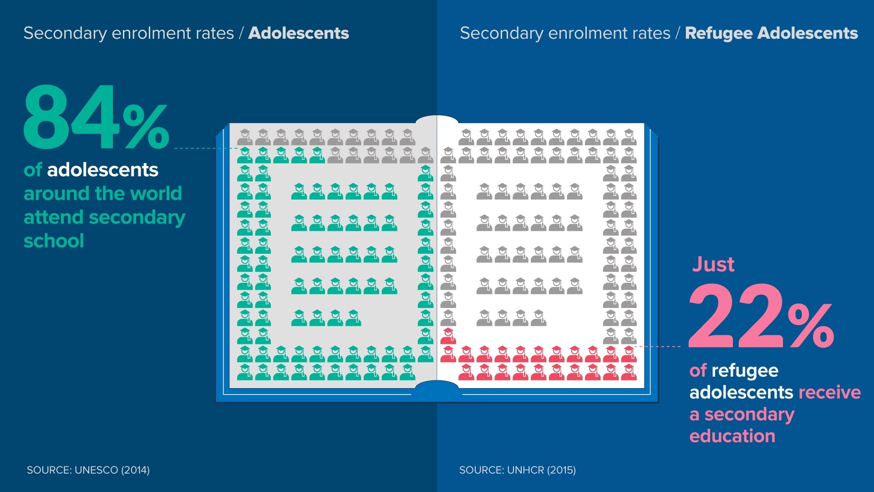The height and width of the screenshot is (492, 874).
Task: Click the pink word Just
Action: [713, 265]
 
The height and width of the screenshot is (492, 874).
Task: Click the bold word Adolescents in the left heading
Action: [299, 33]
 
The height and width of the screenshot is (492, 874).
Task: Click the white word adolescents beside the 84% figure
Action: [102, 170]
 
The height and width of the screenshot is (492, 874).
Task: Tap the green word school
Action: [54, 241]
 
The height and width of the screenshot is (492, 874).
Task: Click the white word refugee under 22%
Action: [745, 371]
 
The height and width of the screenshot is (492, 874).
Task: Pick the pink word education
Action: [732, 436]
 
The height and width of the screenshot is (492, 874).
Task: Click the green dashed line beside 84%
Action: [205, 148]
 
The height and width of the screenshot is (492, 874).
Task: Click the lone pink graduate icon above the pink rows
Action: [448, 336]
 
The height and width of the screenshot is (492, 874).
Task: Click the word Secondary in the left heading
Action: [65, 33]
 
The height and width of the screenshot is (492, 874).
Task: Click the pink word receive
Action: [829, 393]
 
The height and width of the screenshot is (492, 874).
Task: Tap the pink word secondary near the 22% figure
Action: [749, 415]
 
